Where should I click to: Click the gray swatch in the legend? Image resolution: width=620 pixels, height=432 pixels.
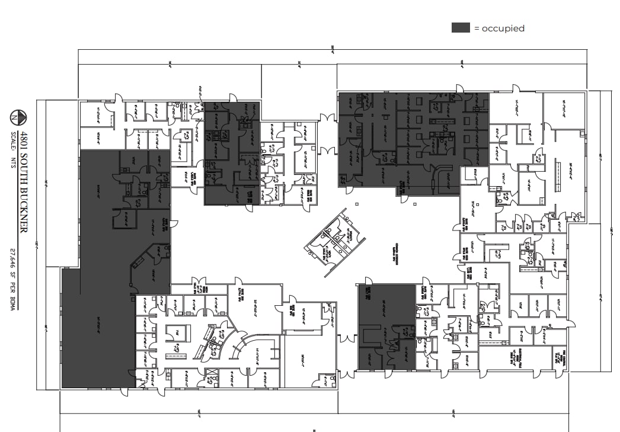coord(461,28)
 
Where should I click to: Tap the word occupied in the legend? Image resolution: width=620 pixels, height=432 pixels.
coord(503,28)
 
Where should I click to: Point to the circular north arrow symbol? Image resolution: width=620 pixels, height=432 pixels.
coord(20,117)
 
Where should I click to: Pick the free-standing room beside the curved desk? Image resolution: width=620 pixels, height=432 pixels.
coord(177,335)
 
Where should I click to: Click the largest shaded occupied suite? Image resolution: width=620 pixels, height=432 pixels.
coord(107,267)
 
